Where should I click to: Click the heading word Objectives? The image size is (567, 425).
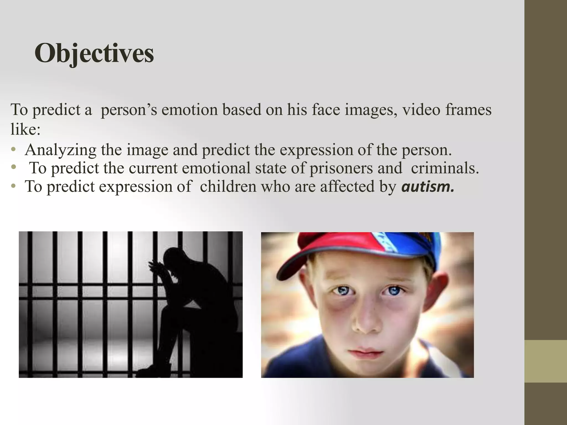click(x=94, y=53)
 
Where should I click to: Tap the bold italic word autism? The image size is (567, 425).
click(x=428, y=187)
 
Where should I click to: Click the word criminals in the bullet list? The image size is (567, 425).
click(x=445, y=168)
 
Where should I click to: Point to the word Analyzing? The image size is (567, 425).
click(x=60, y=150)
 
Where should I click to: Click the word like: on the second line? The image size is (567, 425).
click(x=25, y=129)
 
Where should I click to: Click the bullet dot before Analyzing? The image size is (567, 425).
click(x=13, y=150)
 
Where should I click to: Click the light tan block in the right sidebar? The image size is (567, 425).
click(x=546, y=361)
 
